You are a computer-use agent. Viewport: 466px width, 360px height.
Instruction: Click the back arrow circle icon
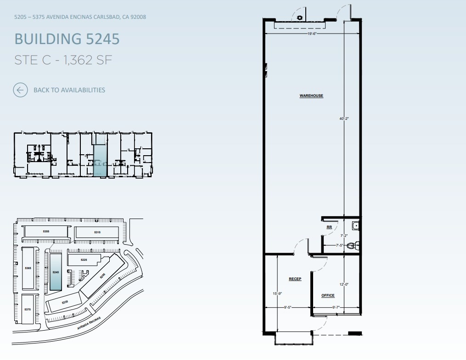[x=20, y=90]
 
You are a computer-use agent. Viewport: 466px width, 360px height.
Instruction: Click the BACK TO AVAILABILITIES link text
[x=69, y=90]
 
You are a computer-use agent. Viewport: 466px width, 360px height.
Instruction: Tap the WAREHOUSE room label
[x=311, y=96]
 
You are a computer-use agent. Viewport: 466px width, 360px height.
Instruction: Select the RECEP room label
[x=295, y=279]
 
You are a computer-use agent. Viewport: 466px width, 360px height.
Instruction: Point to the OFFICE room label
[x=328, y=295]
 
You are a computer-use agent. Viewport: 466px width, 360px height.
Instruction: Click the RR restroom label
[x=329, y=227]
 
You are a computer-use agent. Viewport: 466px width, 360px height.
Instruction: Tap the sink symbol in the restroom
[x=355, y=225]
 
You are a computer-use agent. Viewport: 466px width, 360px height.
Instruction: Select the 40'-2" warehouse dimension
[x=344, y=118]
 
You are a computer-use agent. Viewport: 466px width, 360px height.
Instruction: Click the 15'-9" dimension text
[x=277, y=293]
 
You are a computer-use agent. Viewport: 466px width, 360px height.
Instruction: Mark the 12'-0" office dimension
[x=344, y=284]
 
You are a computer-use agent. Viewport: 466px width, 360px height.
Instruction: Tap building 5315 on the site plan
[x=97, y=233]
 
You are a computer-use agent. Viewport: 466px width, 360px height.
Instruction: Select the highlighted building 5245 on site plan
[x=56, y=272]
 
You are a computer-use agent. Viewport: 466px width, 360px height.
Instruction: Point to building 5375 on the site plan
[x=28, y=309]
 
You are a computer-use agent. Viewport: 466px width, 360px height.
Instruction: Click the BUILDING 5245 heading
[x=67, y=39]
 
